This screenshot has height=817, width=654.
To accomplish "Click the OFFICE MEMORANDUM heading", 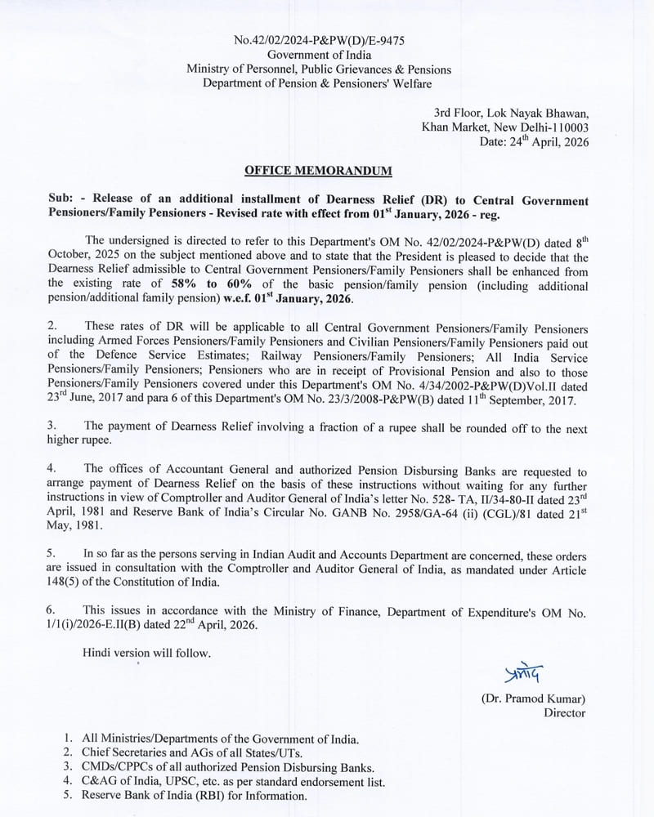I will click(x=319, y=171).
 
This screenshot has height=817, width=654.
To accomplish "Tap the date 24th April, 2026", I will click(x=533, y=141).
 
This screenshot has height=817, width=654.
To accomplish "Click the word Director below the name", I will click(x=565, y=713).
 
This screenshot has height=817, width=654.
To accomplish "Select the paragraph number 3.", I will click(x=51, y=426).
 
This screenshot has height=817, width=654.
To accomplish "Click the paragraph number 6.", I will click(x=51, y=609).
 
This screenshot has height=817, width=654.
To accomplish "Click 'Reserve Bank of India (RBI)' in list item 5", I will click(x=155, y=796).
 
